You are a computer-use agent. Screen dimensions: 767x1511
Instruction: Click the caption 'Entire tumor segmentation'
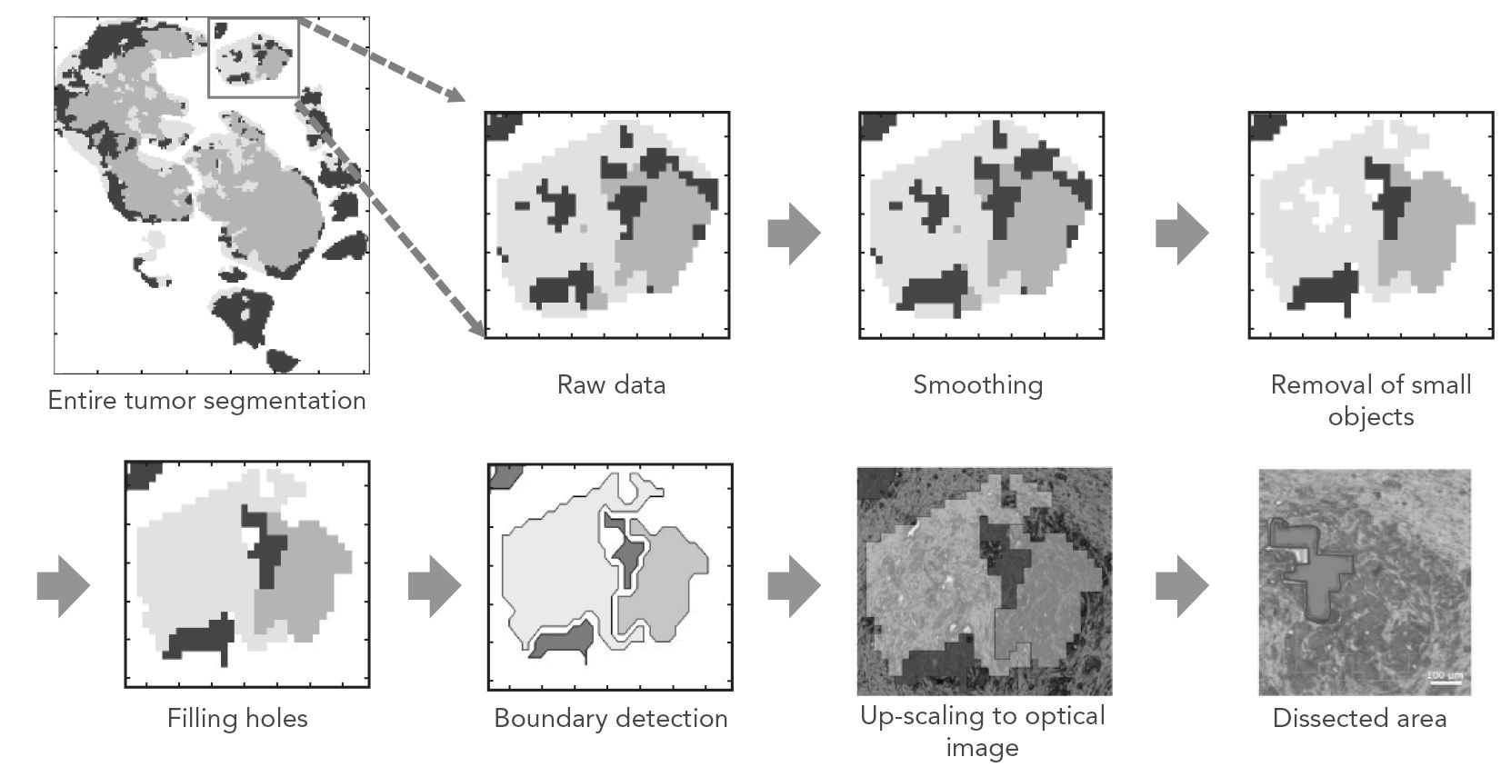pos(206,401)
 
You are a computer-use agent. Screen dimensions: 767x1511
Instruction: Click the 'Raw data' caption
pos(611,384)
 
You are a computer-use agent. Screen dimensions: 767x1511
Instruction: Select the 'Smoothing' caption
pos(977,384)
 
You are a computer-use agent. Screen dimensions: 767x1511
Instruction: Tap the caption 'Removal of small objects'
pos(1370,400)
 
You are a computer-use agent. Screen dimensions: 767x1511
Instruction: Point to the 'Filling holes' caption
pos(237,718)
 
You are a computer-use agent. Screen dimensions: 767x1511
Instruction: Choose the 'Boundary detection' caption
pos(610,718)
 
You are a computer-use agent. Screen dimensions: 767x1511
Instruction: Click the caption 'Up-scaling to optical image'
pos(982,731)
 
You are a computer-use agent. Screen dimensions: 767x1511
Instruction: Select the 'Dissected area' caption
pos(1359,718)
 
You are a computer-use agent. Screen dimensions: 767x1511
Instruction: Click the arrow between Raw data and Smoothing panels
pos(794,234)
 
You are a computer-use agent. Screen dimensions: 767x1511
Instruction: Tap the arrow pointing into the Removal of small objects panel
pos(1182,234)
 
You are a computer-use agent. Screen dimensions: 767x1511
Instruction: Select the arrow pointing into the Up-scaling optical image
pos(794,586)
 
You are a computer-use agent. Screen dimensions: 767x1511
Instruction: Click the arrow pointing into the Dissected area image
pos(1182,586)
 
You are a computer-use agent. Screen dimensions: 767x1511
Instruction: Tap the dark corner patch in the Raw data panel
pos(502,125)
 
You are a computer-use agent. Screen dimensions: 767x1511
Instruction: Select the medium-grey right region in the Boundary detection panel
pos(668,582)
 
